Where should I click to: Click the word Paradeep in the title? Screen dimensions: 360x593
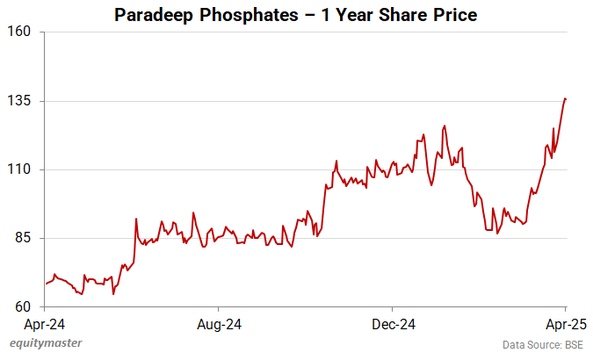pyautogui.click(x=154, y=15)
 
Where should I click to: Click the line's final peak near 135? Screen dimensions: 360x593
pyautogui.click(x=565, y=98)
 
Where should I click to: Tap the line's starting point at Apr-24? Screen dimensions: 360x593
pyautogui.click(x=46, y=284)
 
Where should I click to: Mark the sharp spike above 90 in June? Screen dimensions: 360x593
pyautogui.click(x=136, y=219)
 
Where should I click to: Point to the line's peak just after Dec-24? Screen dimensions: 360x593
pyautogui.click(x=445, y=126)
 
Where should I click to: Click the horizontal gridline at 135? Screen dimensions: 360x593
pyautogui.click(x=264, y=101)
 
